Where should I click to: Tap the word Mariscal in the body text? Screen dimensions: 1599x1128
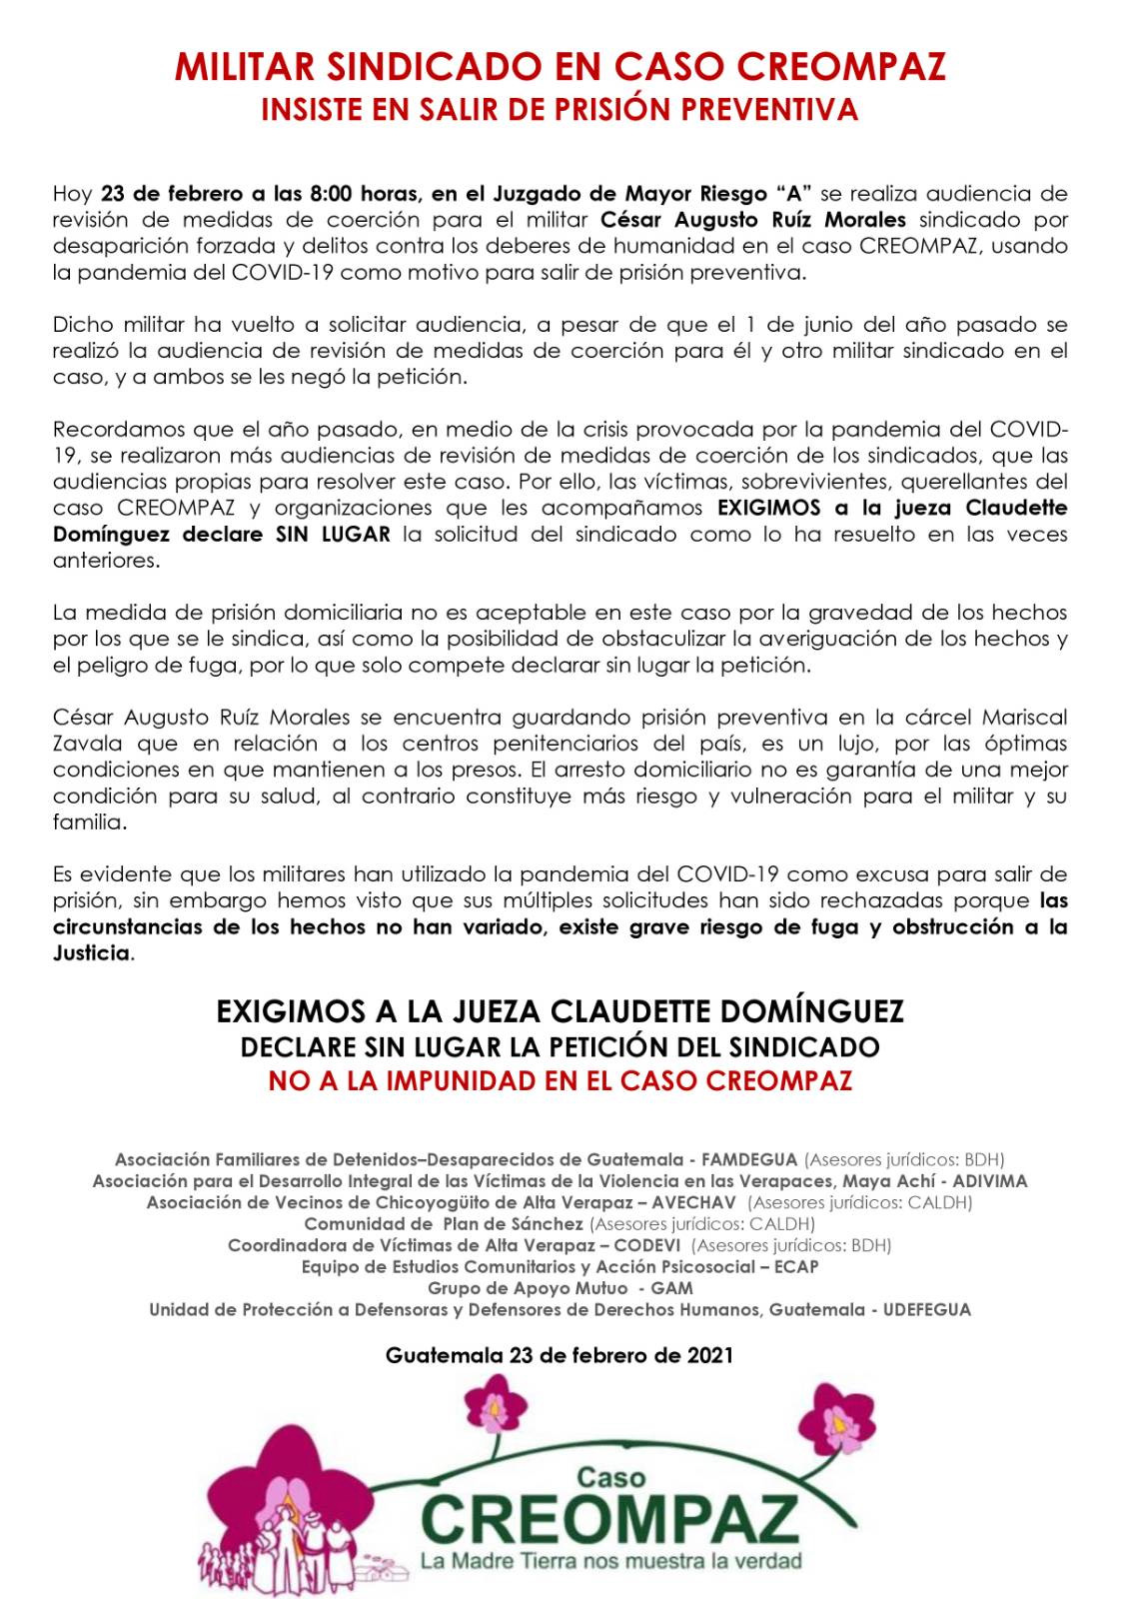point(1025,717)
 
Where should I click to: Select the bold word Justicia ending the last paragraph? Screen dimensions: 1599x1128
point(92,952)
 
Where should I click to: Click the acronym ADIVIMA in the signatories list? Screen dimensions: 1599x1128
point(990,1181)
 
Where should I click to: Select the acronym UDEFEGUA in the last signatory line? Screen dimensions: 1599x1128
point(926,1309)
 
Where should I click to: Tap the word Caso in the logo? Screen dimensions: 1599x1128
point(611,1476)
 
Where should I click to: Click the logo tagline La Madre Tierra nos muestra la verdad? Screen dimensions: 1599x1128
point(610,1560)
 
